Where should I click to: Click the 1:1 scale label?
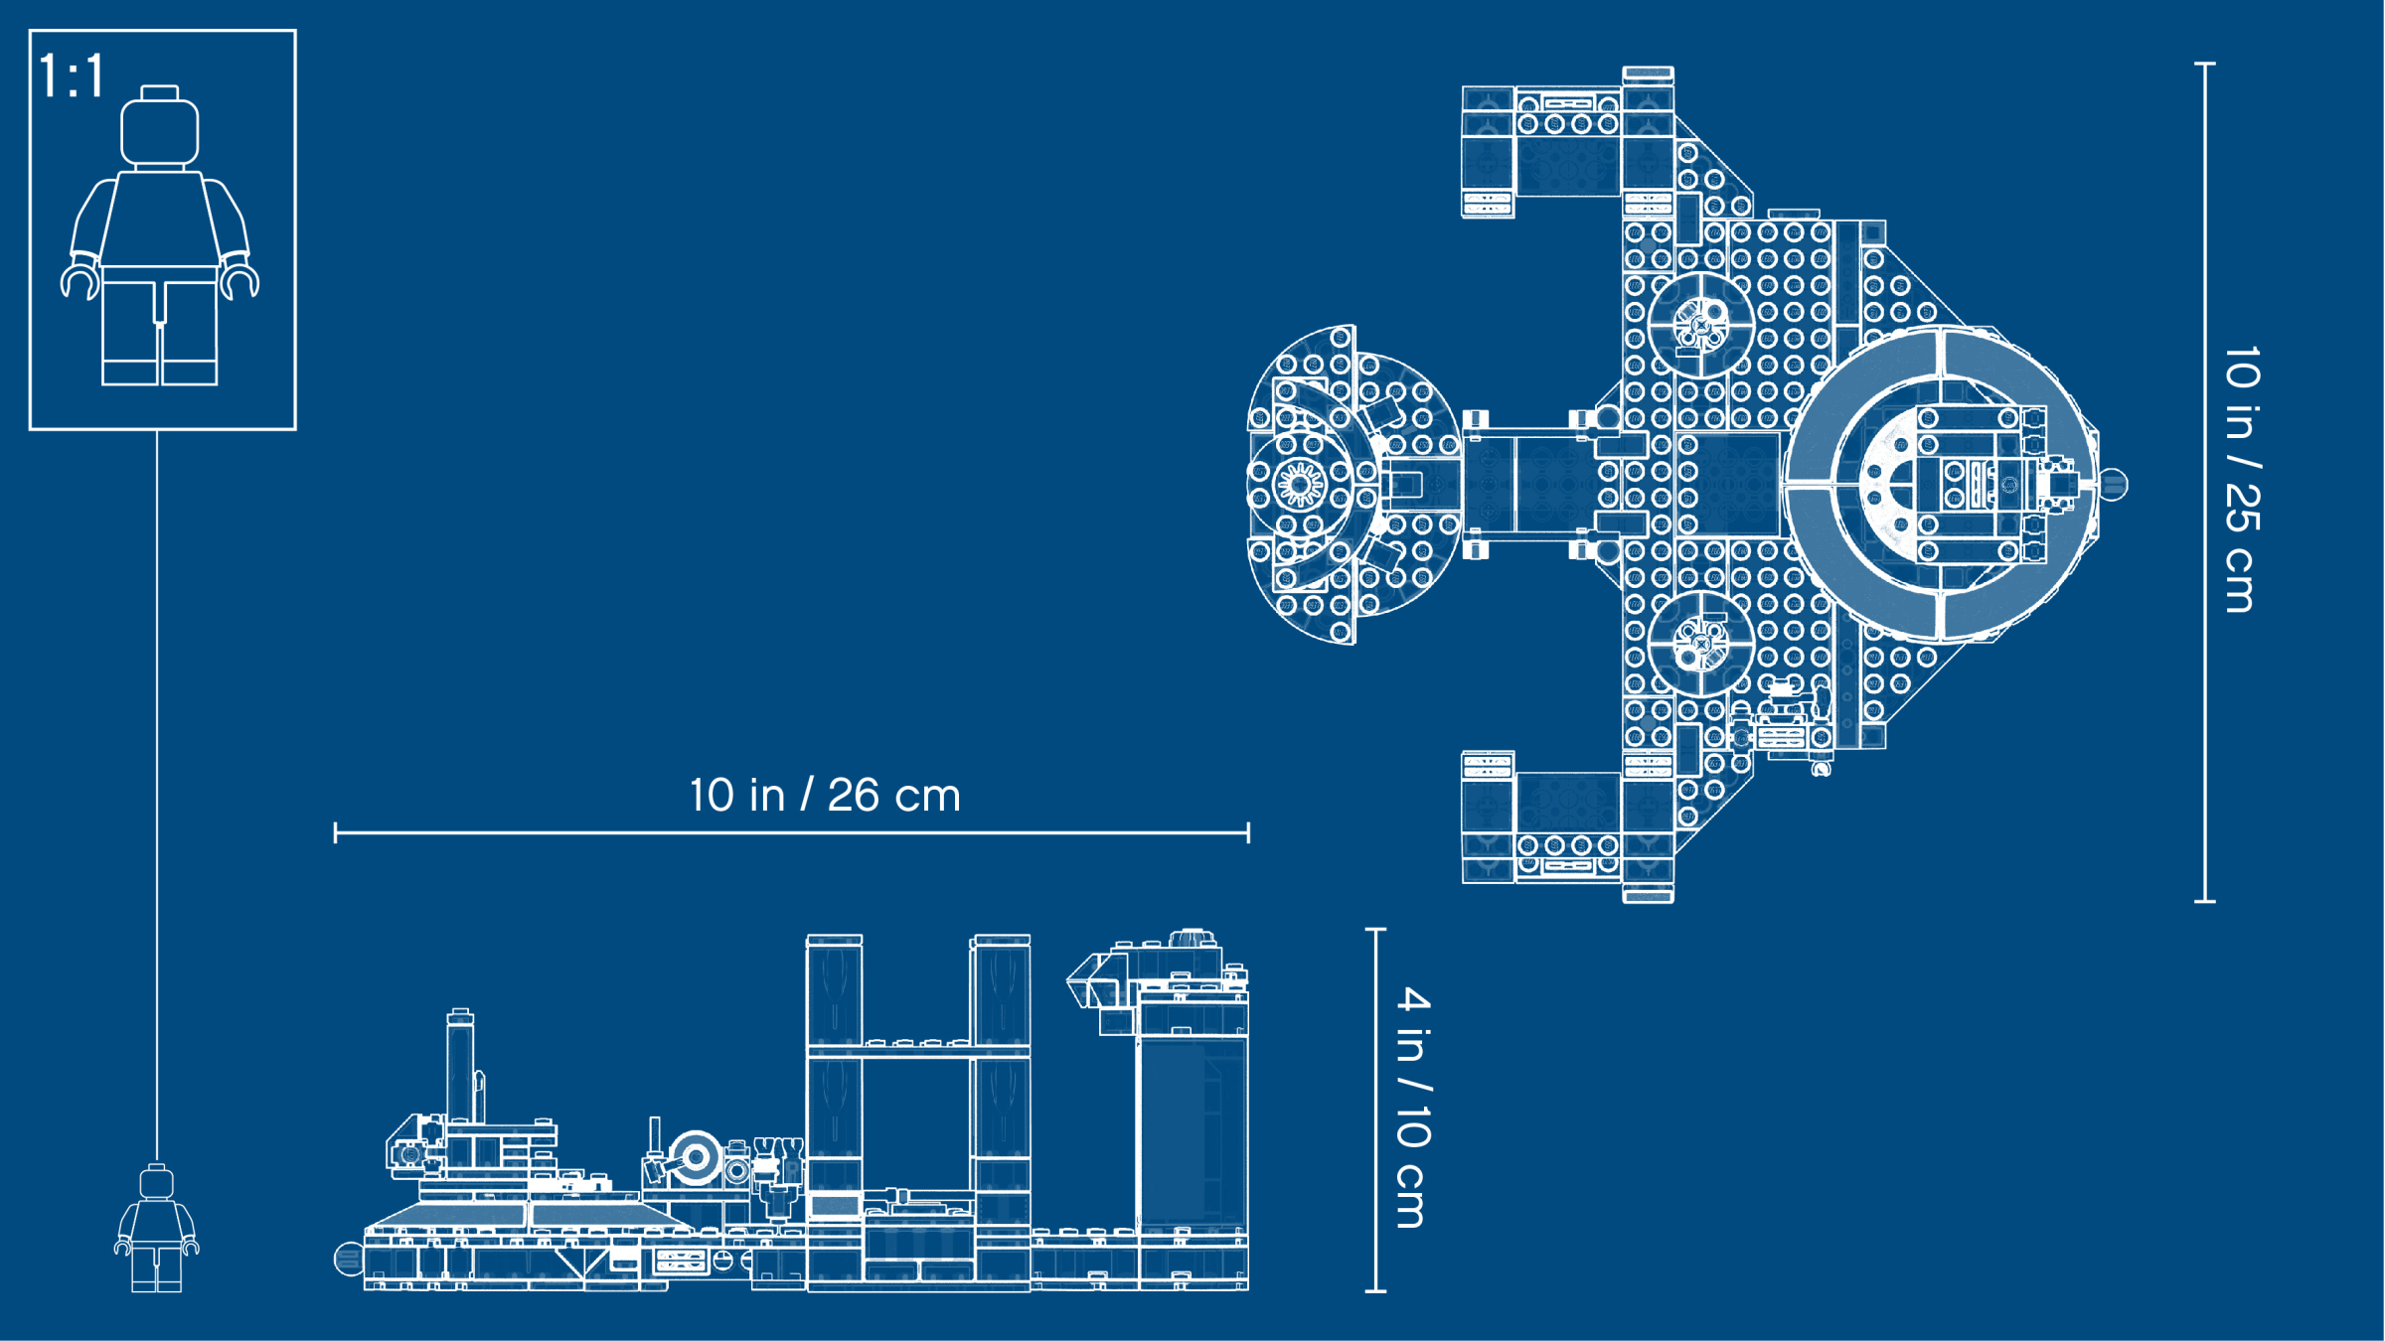click(72, 75)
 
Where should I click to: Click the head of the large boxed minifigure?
click(159, 126)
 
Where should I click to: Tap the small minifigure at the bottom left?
click(157, 1228)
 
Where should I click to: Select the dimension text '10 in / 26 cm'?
click(825, 795)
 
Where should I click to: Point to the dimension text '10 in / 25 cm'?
click(2242, 480)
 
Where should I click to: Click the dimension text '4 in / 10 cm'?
click(1413, 1108)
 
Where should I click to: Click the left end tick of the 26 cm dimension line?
click(336, 832)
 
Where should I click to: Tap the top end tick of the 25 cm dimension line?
click(2204, 64)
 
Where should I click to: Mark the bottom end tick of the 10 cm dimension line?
click(1375, 1290)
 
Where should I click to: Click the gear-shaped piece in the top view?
click(1299, 485)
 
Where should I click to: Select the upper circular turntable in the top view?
click(1700, 324)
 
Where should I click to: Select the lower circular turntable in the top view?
click(1700, 644)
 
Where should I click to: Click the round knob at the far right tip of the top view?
click(2114, 485)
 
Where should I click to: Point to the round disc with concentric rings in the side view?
click(695, 1157)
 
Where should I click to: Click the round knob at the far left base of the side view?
click(348, 1259)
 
